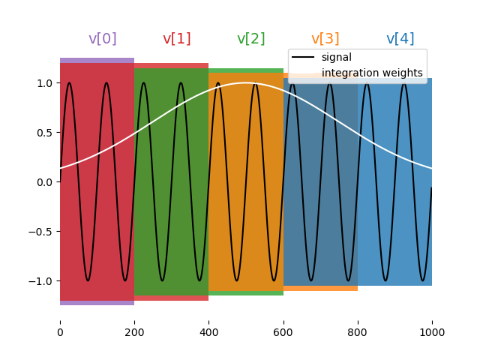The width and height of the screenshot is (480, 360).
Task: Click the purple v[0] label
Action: point(103,39)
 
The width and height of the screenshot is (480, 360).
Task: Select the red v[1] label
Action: point(177,39)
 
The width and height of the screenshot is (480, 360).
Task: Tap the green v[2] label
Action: point(251,39)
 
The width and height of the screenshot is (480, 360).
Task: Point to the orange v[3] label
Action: point(325,39)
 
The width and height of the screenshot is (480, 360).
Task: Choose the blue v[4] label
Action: point(400,39)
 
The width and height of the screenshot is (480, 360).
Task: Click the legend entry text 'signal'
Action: point(336,57)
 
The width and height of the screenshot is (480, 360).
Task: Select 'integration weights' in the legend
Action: point(372,73)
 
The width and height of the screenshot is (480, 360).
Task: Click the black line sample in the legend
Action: point(303,58)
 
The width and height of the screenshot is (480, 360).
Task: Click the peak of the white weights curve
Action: point(246,82)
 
